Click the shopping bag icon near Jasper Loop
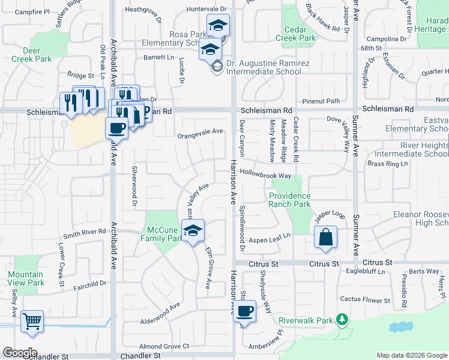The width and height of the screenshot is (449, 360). (x=325, y=237)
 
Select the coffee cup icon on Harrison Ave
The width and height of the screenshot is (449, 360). (x=244, y=311)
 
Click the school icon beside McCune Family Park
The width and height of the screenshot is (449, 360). (x=193, y=230)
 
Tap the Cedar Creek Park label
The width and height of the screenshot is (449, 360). (x=295, y=34)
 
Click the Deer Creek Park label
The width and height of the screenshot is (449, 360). (x=31, y=55)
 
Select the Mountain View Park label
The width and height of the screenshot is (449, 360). (x=26, y=278)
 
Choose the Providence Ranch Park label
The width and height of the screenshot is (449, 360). (x=289, y=200)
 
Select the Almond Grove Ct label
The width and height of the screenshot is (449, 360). (x=164, y=346)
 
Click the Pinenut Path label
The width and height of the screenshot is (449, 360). (x=321, y=101)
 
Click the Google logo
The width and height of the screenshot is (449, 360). (x=20, y=353)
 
